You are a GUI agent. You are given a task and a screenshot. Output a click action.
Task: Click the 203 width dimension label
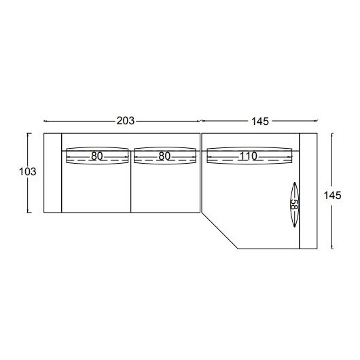126,121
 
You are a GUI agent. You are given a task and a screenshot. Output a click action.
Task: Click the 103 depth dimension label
28,172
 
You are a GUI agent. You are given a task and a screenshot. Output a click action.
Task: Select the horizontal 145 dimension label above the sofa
260,122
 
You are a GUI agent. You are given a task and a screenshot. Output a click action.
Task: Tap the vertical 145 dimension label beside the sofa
332,196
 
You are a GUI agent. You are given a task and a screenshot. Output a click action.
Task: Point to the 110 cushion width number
249,156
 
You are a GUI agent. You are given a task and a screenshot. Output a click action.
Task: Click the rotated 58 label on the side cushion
294,204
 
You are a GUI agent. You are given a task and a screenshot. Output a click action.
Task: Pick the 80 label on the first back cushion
96,156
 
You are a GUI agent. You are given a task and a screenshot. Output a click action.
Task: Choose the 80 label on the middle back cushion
164,156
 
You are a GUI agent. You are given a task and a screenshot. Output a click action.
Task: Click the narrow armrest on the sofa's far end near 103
52,173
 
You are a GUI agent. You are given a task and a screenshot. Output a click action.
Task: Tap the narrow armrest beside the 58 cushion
308,191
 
